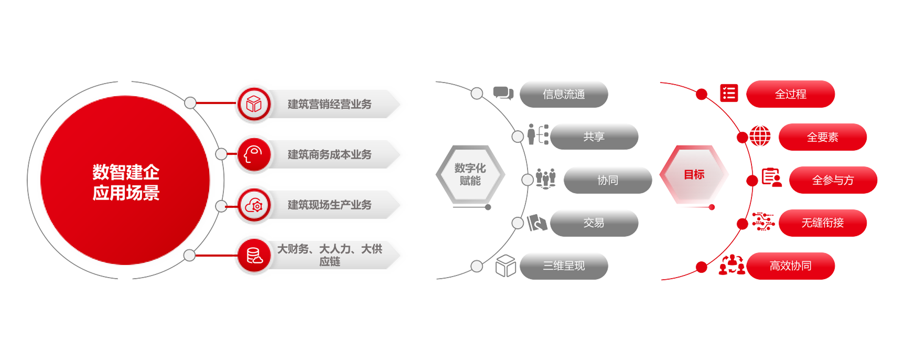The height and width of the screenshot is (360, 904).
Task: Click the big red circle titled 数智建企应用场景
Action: point(125,181)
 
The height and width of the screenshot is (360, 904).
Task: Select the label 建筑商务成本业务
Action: point(329,154)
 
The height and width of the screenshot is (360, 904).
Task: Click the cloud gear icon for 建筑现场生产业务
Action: point(254,206)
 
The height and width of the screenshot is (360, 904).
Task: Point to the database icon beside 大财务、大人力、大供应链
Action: point(254,255)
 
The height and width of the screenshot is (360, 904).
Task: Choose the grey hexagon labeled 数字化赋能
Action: point(470,174)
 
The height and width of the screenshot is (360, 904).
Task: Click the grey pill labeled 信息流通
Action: point(564,94)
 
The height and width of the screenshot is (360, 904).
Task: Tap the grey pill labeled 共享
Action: point(593,137)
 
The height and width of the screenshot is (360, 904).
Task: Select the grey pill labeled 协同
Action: point(608,180)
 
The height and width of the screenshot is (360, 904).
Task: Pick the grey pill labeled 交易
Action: point(593,223)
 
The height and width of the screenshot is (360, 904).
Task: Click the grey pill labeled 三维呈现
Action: point(564,266)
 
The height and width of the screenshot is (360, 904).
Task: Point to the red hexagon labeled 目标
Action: point(694,174)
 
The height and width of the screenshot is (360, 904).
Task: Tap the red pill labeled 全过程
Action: point(790,94)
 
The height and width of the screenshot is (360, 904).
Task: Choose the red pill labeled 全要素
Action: point(822,137)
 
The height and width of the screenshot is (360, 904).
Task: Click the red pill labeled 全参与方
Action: point(833,180)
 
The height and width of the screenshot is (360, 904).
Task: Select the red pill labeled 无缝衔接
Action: point(822,223)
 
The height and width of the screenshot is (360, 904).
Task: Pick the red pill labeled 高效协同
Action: point(790,266)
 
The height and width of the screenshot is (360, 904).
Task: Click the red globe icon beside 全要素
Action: point(760,136)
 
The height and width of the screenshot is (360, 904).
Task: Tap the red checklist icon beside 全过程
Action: point(729,93)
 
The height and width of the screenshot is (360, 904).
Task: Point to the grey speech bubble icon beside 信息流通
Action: point(503,93)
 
